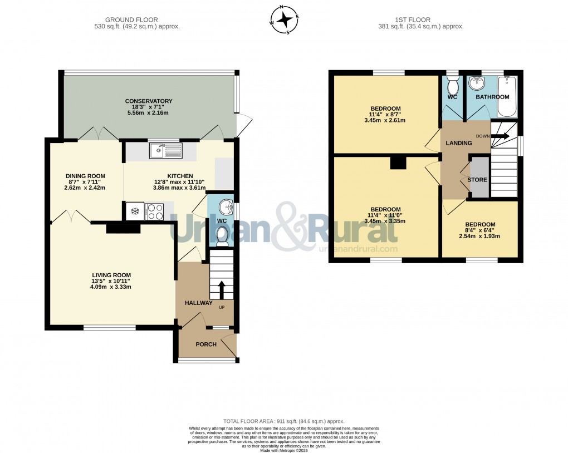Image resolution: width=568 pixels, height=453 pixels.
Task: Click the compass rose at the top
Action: click(285, 20)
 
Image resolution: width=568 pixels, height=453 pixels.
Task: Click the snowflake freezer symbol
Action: click(134, 210)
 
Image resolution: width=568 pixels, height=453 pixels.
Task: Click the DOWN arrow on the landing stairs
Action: click(499, 135)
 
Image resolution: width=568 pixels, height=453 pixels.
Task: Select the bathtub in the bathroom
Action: click(506, 96)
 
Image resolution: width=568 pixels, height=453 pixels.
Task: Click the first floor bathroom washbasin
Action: click(477, 84)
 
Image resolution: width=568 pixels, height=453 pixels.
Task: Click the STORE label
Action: click(477, 180)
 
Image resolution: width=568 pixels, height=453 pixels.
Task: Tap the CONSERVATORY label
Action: click(149, 101)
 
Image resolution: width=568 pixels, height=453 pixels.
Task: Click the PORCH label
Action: click(205, 344)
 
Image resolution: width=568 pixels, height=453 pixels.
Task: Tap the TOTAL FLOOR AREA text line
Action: click(284, 421)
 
